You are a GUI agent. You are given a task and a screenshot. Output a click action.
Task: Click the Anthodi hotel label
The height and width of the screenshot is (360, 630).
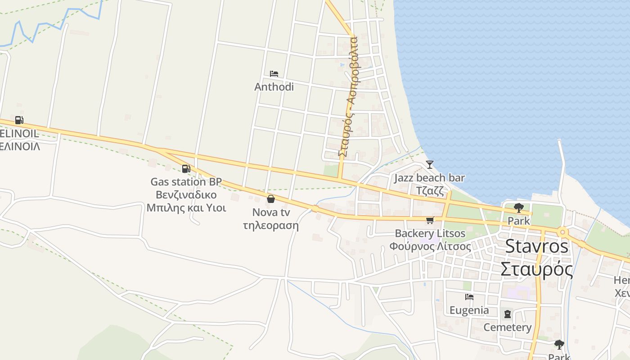(x=274, y=86)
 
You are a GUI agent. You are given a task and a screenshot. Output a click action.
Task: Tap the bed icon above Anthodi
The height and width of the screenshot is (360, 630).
(x=274, y=73)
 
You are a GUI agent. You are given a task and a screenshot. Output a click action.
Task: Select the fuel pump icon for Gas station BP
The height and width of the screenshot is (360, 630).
(x=185, y=169)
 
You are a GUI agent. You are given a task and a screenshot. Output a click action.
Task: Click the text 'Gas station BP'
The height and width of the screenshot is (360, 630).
(x=186, y=182)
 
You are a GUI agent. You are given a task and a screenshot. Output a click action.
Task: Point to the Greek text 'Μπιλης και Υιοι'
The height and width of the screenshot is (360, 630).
(x=186, y=208)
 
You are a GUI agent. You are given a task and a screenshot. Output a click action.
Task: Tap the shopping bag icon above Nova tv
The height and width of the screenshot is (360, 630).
(x=271, y=198)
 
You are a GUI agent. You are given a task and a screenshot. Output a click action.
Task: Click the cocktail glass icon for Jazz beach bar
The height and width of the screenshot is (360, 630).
(x=430, y=164)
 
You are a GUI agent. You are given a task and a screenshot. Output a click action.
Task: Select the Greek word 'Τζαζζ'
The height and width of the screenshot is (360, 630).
(x=430, y=190)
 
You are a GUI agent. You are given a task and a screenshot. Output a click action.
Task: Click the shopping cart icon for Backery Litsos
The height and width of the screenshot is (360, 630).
(x=430, y=220)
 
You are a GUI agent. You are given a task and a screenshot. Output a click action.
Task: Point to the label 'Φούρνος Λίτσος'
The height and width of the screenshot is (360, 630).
(x=430, y=247)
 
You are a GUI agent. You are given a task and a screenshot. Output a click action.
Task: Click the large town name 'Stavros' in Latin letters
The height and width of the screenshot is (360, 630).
(x=537, y=246)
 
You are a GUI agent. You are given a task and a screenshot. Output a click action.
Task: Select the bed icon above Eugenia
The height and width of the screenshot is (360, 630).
(x=469, y=297)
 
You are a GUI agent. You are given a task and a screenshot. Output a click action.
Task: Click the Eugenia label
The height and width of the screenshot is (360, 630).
(x=469, y=310)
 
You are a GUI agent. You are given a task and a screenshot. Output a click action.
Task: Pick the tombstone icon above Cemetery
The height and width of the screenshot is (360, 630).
(x=508, y=314)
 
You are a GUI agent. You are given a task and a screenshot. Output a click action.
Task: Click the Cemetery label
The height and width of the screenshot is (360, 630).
(x=508, y=327)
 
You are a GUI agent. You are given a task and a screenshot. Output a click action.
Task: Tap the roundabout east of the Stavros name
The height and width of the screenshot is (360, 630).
(x=562, y=232)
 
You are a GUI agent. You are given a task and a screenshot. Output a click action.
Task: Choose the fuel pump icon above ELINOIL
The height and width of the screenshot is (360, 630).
(x=19, y=120)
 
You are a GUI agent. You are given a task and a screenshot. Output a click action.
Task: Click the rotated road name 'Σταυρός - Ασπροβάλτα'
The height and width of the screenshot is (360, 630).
(x=347, y=97)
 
